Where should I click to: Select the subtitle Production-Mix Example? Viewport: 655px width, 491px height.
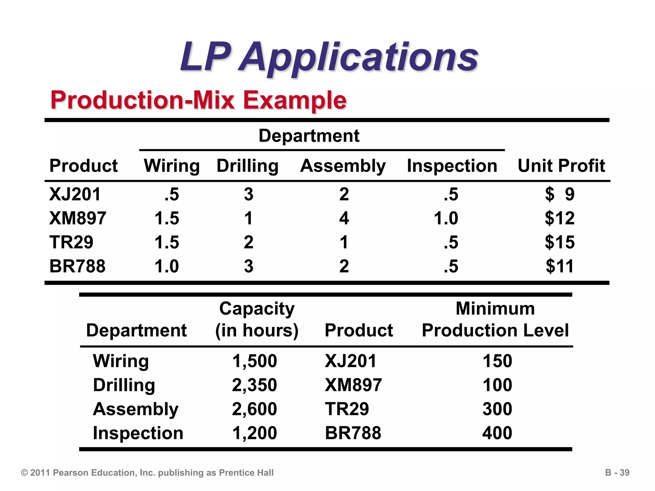[198, 100]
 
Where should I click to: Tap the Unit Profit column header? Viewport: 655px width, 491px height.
[561, 166]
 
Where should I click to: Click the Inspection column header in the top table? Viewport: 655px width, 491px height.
[452, 166]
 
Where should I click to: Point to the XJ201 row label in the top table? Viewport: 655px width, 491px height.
[75, 194]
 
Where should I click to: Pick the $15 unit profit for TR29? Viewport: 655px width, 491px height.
[559, 242]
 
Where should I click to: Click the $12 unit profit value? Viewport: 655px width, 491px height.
[559, 218]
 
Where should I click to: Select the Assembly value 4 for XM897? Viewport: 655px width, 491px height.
[344, 218]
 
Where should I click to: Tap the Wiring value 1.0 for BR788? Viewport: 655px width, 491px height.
[166, 266]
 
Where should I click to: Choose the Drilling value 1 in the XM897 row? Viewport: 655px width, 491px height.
[249, 218]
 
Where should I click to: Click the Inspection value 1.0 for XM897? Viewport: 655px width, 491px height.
[446, 218]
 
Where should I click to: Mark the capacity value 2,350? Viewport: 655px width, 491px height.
[254, 385]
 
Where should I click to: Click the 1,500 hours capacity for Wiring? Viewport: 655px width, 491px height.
[254, 361]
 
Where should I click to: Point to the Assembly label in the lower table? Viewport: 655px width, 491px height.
[136, 409]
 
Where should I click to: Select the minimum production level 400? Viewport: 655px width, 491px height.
[497, 433]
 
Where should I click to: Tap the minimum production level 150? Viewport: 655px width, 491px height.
[497, 361]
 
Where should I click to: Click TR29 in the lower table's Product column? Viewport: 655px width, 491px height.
[347, 409]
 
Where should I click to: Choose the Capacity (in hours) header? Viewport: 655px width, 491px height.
[256, 319]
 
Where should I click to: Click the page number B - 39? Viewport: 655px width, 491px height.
[617, 472]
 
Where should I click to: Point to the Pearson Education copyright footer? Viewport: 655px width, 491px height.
[147, 473]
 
